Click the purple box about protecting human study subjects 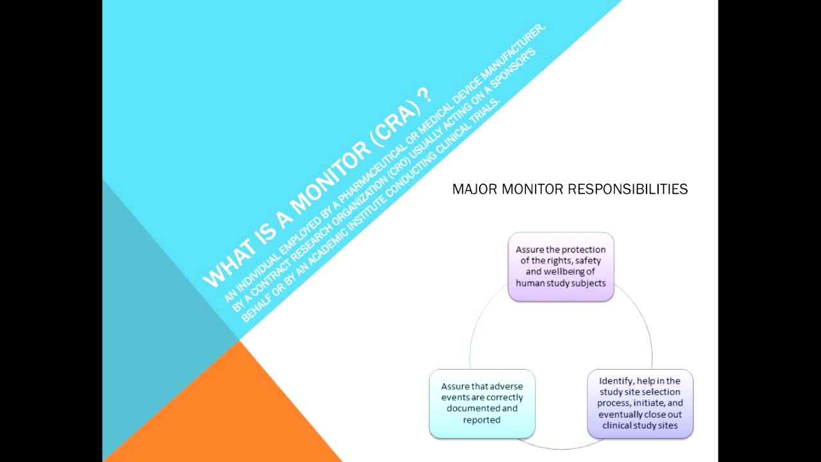click(x=561, y=266)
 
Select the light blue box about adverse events click(x=482, y=403)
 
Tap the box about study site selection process click(x=639, y=403)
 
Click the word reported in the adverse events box click(x=481, y=420)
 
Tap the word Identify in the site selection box click(x=613, y=381)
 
